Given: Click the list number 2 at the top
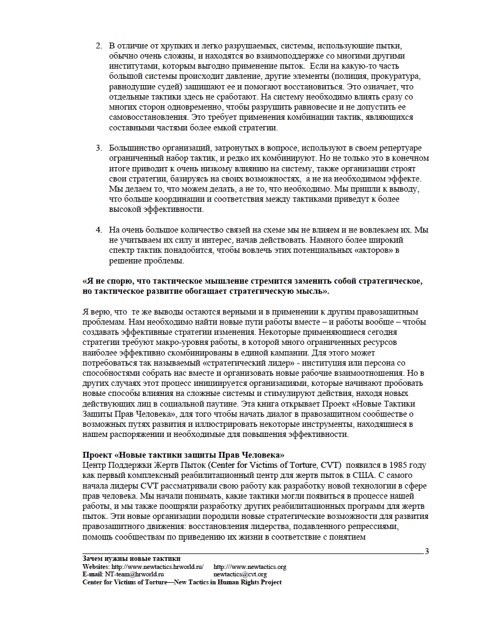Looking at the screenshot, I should (98, 45).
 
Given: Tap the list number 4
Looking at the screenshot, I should (98, 230).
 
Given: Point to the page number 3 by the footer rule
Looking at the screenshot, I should (427, 551).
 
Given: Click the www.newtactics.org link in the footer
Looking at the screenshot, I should (250, 567).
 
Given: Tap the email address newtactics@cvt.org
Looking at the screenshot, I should (240, 575).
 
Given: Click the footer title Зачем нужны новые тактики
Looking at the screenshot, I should (131, 559).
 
